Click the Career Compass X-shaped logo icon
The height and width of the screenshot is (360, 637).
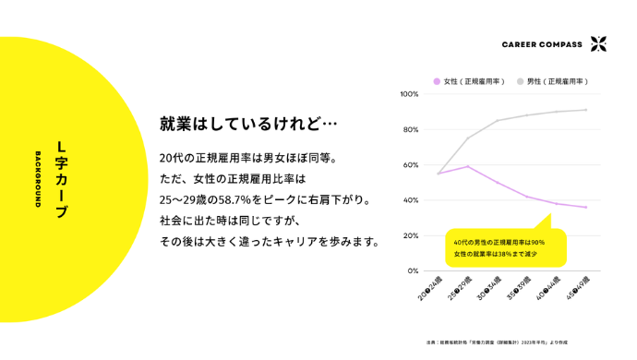click(598, 43)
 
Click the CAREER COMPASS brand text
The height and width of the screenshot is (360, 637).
click(542, 44)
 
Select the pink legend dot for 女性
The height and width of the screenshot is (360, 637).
click(437, 81)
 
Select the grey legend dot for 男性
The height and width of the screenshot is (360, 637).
click(521, 81)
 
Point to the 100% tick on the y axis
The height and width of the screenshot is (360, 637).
click(409, 94)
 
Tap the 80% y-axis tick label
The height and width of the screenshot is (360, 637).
click(411, 129)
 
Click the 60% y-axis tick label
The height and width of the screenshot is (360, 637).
click(411, 165)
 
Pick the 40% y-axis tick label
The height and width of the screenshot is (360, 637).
click(411, 200)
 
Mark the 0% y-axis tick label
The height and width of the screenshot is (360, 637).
click(413, 271)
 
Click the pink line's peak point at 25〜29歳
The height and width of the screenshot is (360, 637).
click(468, 167)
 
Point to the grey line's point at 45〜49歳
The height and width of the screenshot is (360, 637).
click(585, 110)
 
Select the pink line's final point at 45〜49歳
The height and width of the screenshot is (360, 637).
click(585, 208)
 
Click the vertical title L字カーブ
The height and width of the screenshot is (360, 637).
click(62, 180)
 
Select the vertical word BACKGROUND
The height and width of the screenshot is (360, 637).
click(38, 180)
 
